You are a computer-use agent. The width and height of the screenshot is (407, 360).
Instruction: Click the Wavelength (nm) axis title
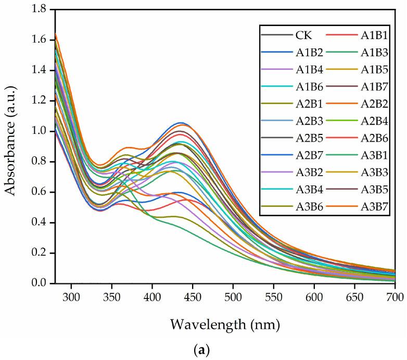(x=225, y=326)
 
